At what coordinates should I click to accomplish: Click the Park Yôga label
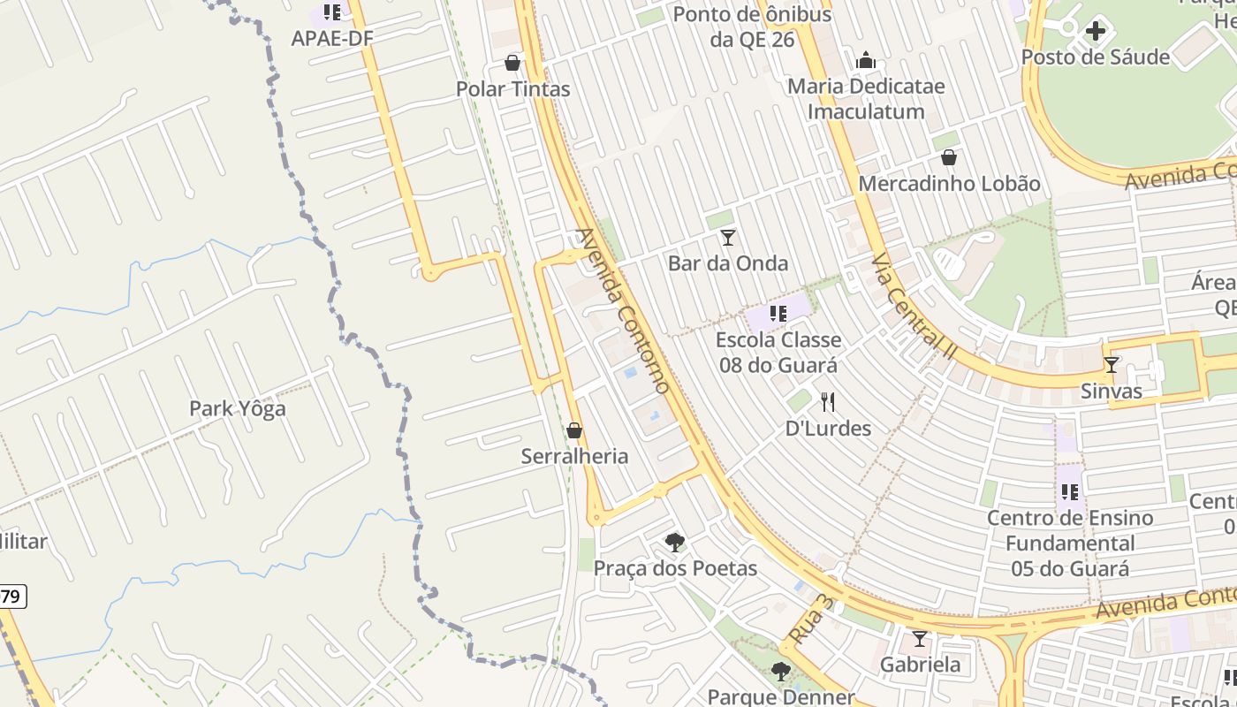click(x=238, y=408)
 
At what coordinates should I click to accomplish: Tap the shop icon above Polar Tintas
click(x=512, y=63)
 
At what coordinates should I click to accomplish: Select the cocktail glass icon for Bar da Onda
click(x=728, y=238)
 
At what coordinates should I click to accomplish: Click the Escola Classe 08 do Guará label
click(x=778, y=352)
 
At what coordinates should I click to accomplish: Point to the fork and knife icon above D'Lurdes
click(x=828, y=403)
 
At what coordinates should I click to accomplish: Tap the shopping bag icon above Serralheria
click(x=574, y=430)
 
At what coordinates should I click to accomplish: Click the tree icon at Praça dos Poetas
click(x=675, y=542)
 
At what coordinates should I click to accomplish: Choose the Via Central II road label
click(x=914, y=305)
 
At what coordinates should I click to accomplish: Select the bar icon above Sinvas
click(x=1112, y=365)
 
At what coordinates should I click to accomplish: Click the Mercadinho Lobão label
click(x=950, y=184)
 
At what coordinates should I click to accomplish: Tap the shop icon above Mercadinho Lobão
click(x=949, y=158)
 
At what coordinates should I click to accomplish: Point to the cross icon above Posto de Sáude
click(x=1096, y=32)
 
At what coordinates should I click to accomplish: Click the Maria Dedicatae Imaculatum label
click(x=866, y=99)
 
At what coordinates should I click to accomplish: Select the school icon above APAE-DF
click(x=331, y=12)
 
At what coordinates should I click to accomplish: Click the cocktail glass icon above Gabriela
click(x=920, y=638)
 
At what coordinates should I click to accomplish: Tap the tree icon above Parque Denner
click(x=780, y=672)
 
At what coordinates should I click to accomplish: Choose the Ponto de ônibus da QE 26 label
click(x=752, y=27)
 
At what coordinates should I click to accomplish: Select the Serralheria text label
click(x=575, y=456)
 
